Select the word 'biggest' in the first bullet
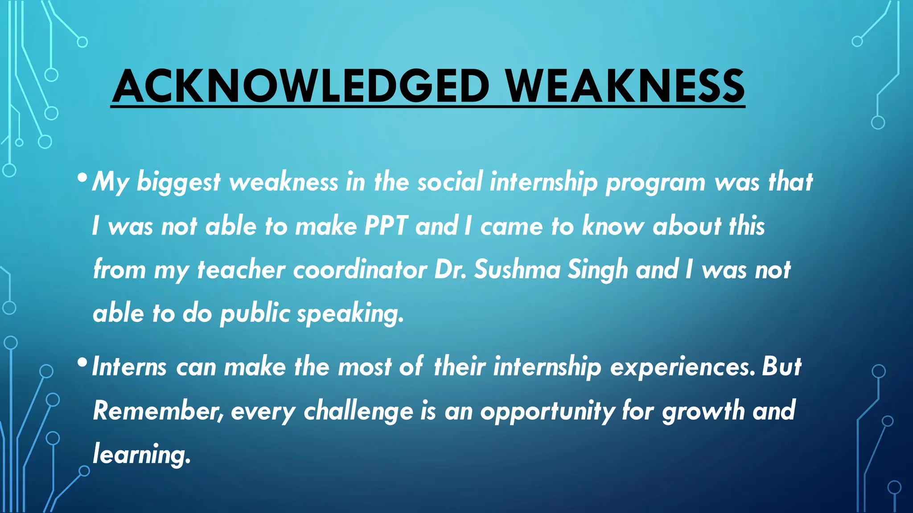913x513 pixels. point(178,183)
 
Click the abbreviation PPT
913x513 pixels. point(386,226)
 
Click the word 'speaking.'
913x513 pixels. point(350,314)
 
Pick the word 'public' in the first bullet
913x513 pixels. point(255,314)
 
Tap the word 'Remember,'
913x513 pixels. point(158,410)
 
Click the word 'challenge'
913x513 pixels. point(358,411)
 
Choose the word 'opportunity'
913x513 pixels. point(547,411)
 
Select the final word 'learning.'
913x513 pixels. point(142,455)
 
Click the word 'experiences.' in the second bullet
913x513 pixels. point(683,367)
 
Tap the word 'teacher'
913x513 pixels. point(241,269)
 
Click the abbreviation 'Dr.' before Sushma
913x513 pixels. point(450,269)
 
